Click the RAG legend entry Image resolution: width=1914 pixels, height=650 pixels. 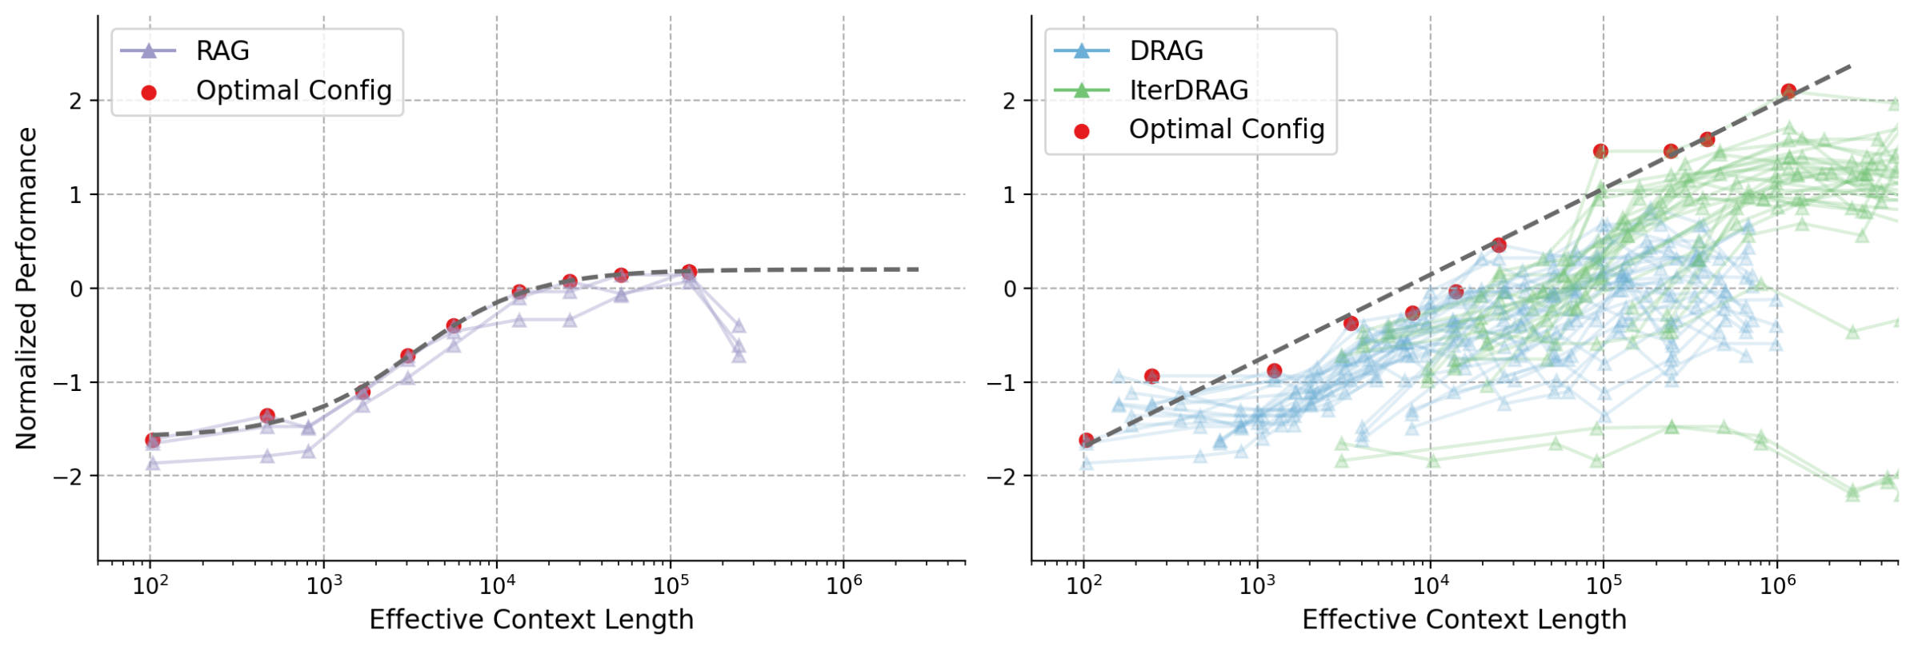(x=222, y=51)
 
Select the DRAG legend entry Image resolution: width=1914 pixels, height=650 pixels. (x=1165, y=51)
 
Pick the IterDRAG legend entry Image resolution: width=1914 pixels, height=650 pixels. (x=1187, y=90)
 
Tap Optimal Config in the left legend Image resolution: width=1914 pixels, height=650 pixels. (x=293, y=91)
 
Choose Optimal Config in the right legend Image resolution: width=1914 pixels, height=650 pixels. (x=1226, y=130)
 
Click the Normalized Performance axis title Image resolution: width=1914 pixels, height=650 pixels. (x=26, y=288)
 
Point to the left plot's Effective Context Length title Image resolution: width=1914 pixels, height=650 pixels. (x=531, y=620)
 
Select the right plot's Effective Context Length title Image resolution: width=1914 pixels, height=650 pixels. (x=1464, y=620)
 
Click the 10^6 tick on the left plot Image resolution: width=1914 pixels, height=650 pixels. (x=843, y=586)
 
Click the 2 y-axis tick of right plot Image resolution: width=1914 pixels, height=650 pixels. (x=1010, y=101)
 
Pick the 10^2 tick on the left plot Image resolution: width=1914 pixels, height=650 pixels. (x=150, y=586)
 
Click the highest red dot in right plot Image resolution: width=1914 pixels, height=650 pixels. (x=1788, y=91)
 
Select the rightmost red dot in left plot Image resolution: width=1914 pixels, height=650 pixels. (x=689, y=272)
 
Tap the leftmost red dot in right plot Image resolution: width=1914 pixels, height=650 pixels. (x=1086, y=440)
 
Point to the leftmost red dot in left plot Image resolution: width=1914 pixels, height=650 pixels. (x=152, y=440)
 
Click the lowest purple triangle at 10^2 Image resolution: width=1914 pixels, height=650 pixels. (x=152, y=464)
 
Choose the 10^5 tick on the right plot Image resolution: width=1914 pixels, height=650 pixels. (x=1603, y=586)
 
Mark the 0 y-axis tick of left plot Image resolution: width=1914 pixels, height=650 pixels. (x=76, y=289)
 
